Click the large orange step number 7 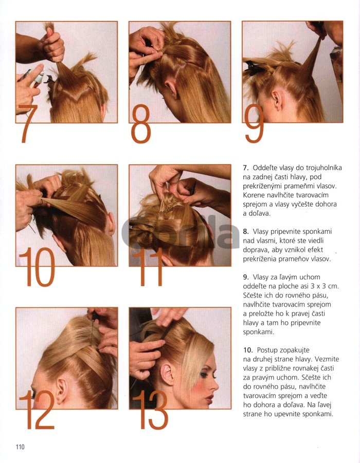tap(29, 123)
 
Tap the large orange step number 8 tap(141, 124)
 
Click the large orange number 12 tap(37, 410)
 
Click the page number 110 tap(20, 447)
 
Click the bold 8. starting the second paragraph tap(246, 231)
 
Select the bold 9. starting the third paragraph tap(246, 277)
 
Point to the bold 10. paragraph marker tap(248, 350)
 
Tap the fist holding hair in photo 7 tap(53, 46)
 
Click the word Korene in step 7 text tap(253, 195)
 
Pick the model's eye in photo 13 tap(204, 375)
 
